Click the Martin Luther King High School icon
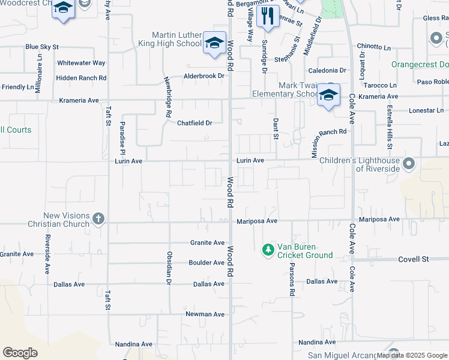pos(214,43)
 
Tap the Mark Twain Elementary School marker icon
pos(328,95)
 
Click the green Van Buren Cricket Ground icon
pos(268,249)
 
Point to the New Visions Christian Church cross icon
pos(99,220)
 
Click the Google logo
pos(20,353)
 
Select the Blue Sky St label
pos(41,46)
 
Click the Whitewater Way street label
pos(81,62)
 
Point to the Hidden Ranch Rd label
pos(81,78)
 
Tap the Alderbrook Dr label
pos(203,76)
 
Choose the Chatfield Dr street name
pos(194,123)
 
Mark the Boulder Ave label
pos(206,263)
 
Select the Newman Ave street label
pos(205,314)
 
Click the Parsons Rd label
pos(292,279)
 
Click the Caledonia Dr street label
pos(327,70)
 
